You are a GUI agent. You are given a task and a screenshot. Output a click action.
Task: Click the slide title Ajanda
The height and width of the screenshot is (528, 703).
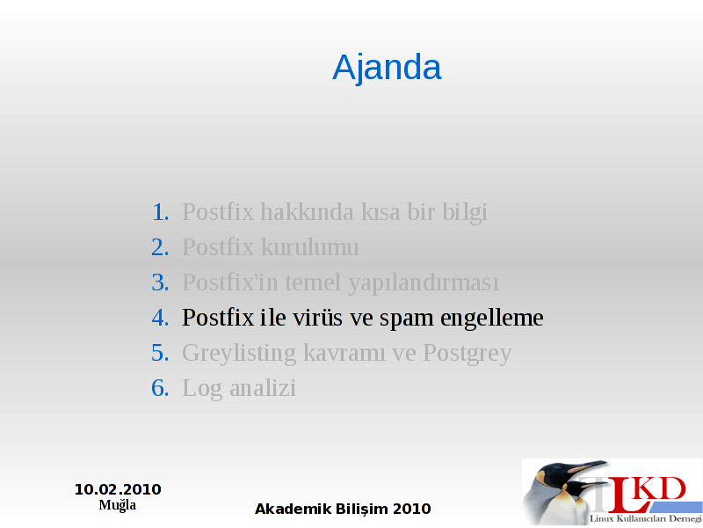click(x=387, y=68)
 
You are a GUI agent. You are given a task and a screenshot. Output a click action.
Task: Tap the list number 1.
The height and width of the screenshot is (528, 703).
click(x=161, y=212)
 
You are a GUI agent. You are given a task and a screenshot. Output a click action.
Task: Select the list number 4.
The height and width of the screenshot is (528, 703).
click(x=161, y=318)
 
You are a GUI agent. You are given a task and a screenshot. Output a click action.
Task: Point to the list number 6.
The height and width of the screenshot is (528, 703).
click(x=161, y=388)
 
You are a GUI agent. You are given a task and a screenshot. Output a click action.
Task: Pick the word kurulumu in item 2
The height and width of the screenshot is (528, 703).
click(x=310, y=247)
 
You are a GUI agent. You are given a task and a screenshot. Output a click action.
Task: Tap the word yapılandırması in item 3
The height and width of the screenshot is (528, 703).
click(x=424, y=283)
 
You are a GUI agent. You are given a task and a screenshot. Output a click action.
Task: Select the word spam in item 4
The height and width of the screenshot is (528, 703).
click(x=407, y=319)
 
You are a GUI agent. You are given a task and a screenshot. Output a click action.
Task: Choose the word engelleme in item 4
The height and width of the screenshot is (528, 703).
click(x=492, y=319)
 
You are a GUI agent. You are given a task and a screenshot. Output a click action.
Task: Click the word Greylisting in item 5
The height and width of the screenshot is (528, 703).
click(x=239, y=354)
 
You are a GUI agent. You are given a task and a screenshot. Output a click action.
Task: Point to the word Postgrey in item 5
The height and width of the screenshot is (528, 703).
click(x=467, y=354)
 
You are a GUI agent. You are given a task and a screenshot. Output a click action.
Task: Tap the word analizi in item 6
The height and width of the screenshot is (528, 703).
click(x=263, y=388)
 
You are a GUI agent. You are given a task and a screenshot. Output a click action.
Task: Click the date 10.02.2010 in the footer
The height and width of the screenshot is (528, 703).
click(x=118, y=489)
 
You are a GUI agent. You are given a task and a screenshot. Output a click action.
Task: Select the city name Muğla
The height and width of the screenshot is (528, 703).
click(x=118, y=505)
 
